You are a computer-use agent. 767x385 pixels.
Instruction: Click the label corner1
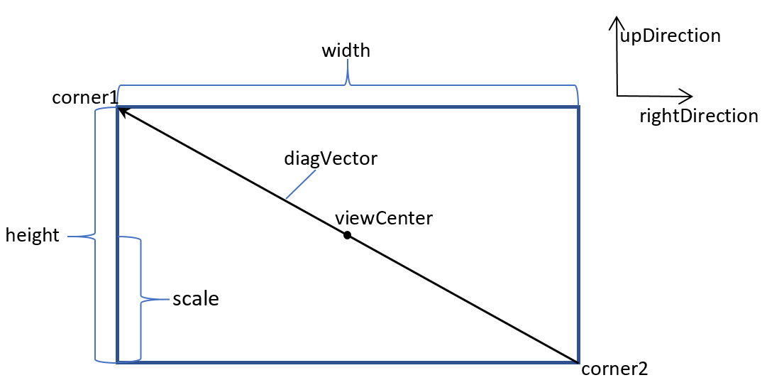point(84,97)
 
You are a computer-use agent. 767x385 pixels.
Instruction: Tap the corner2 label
point(614,369)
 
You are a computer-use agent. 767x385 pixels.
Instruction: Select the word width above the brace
point(346,51)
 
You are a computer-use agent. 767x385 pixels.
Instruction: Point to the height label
point(32,236)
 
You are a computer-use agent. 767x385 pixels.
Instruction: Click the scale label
point(196,299)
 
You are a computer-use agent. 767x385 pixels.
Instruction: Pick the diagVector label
point(331,158)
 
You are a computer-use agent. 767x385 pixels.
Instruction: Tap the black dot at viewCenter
point(347,235)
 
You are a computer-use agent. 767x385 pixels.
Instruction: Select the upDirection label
point(671,36)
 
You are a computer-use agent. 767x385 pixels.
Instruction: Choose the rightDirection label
point(698,116)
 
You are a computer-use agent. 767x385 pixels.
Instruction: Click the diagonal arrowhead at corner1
point(121,110)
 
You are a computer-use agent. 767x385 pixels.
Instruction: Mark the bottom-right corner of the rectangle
point(578,362)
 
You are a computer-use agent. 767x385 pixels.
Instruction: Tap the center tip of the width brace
point(348,62)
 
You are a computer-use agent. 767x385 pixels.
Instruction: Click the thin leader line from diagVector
point(300,186)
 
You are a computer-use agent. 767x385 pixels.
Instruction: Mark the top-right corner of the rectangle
point(578,108)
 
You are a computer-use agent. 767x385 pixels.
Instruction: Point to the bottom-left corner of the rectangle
point(118,362)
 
